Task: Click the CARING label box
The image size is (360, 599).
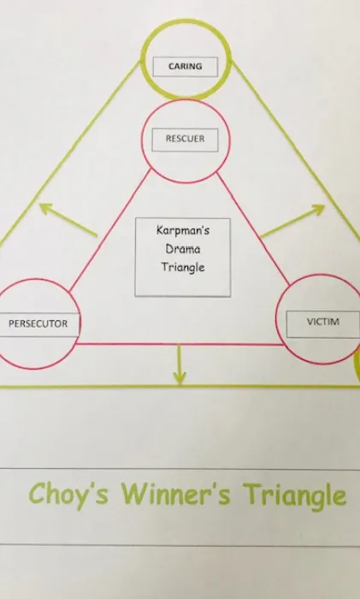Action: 186,67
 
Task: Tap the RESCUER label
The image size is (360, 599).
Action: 186,139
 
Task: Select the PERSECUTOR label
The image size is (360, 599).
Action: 39,324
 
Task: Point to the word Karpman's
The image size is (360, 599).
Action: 183,230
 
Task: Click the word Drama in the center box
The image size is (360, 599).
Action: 183,249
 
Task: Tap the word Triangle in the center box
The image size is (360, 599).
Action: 183,267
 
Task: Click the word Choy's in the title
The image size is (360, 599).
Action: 68,494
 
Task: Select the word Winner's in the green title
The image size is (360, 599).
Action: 176,494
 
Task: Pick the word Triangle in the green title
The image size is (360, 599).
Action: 296,495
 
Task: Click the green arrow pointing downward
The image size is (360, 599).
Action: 179,365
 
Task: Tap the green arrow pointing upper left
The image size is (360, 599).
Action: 68,219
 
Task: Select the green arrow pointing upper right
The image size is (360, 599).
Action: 292,221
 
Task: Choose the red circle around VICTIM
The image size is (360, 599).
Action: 276,319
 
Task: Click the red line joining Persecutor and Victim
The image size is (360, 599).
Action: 180,344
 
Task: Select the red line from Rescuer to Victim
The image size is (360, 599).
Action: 253,228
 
